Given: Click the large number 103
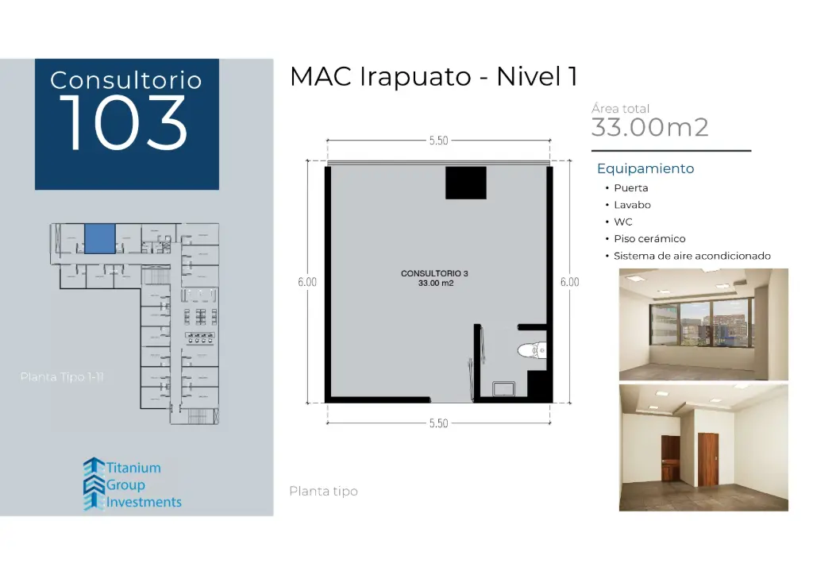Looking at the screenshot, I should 123,123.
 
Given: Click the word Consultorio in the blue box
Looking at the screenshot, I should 126,80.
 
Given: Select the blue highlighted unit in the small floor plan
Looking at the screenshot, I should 100,238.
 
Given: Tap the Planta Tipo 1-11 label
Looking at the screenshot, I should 62,377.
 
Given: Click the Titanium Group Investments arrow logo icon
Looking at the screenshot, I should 94,483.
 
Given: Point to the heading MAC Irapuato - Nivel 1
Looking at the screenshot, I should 433,77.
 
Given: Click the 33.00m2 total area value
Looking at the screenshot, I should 649,127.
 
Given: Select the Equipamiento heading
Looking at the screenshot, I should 645,168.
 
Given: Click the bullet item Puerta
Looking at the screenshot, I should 630,188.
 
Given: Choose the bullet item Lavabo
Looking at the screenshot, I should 632,205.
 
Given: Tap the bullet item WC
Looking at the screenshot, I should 622,222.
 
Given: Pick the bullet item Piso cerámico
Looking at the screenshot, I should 649,238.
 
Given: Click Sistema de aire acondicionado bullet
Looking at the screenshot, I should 692,256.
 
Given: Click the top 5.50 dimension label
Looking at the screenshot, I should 438,141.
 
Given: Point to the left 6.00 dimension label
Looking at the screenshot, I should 307,282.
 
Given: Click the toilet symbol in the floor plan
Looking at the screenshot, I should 530,349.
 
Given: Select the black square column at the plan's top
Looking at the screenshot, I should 465,183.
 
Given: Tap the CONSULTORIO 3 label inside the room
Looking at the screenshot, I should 434,273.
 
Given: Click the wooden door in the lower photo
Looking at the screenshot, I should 707,457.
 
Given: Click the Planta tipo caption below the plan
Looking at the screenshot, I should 323,492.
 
